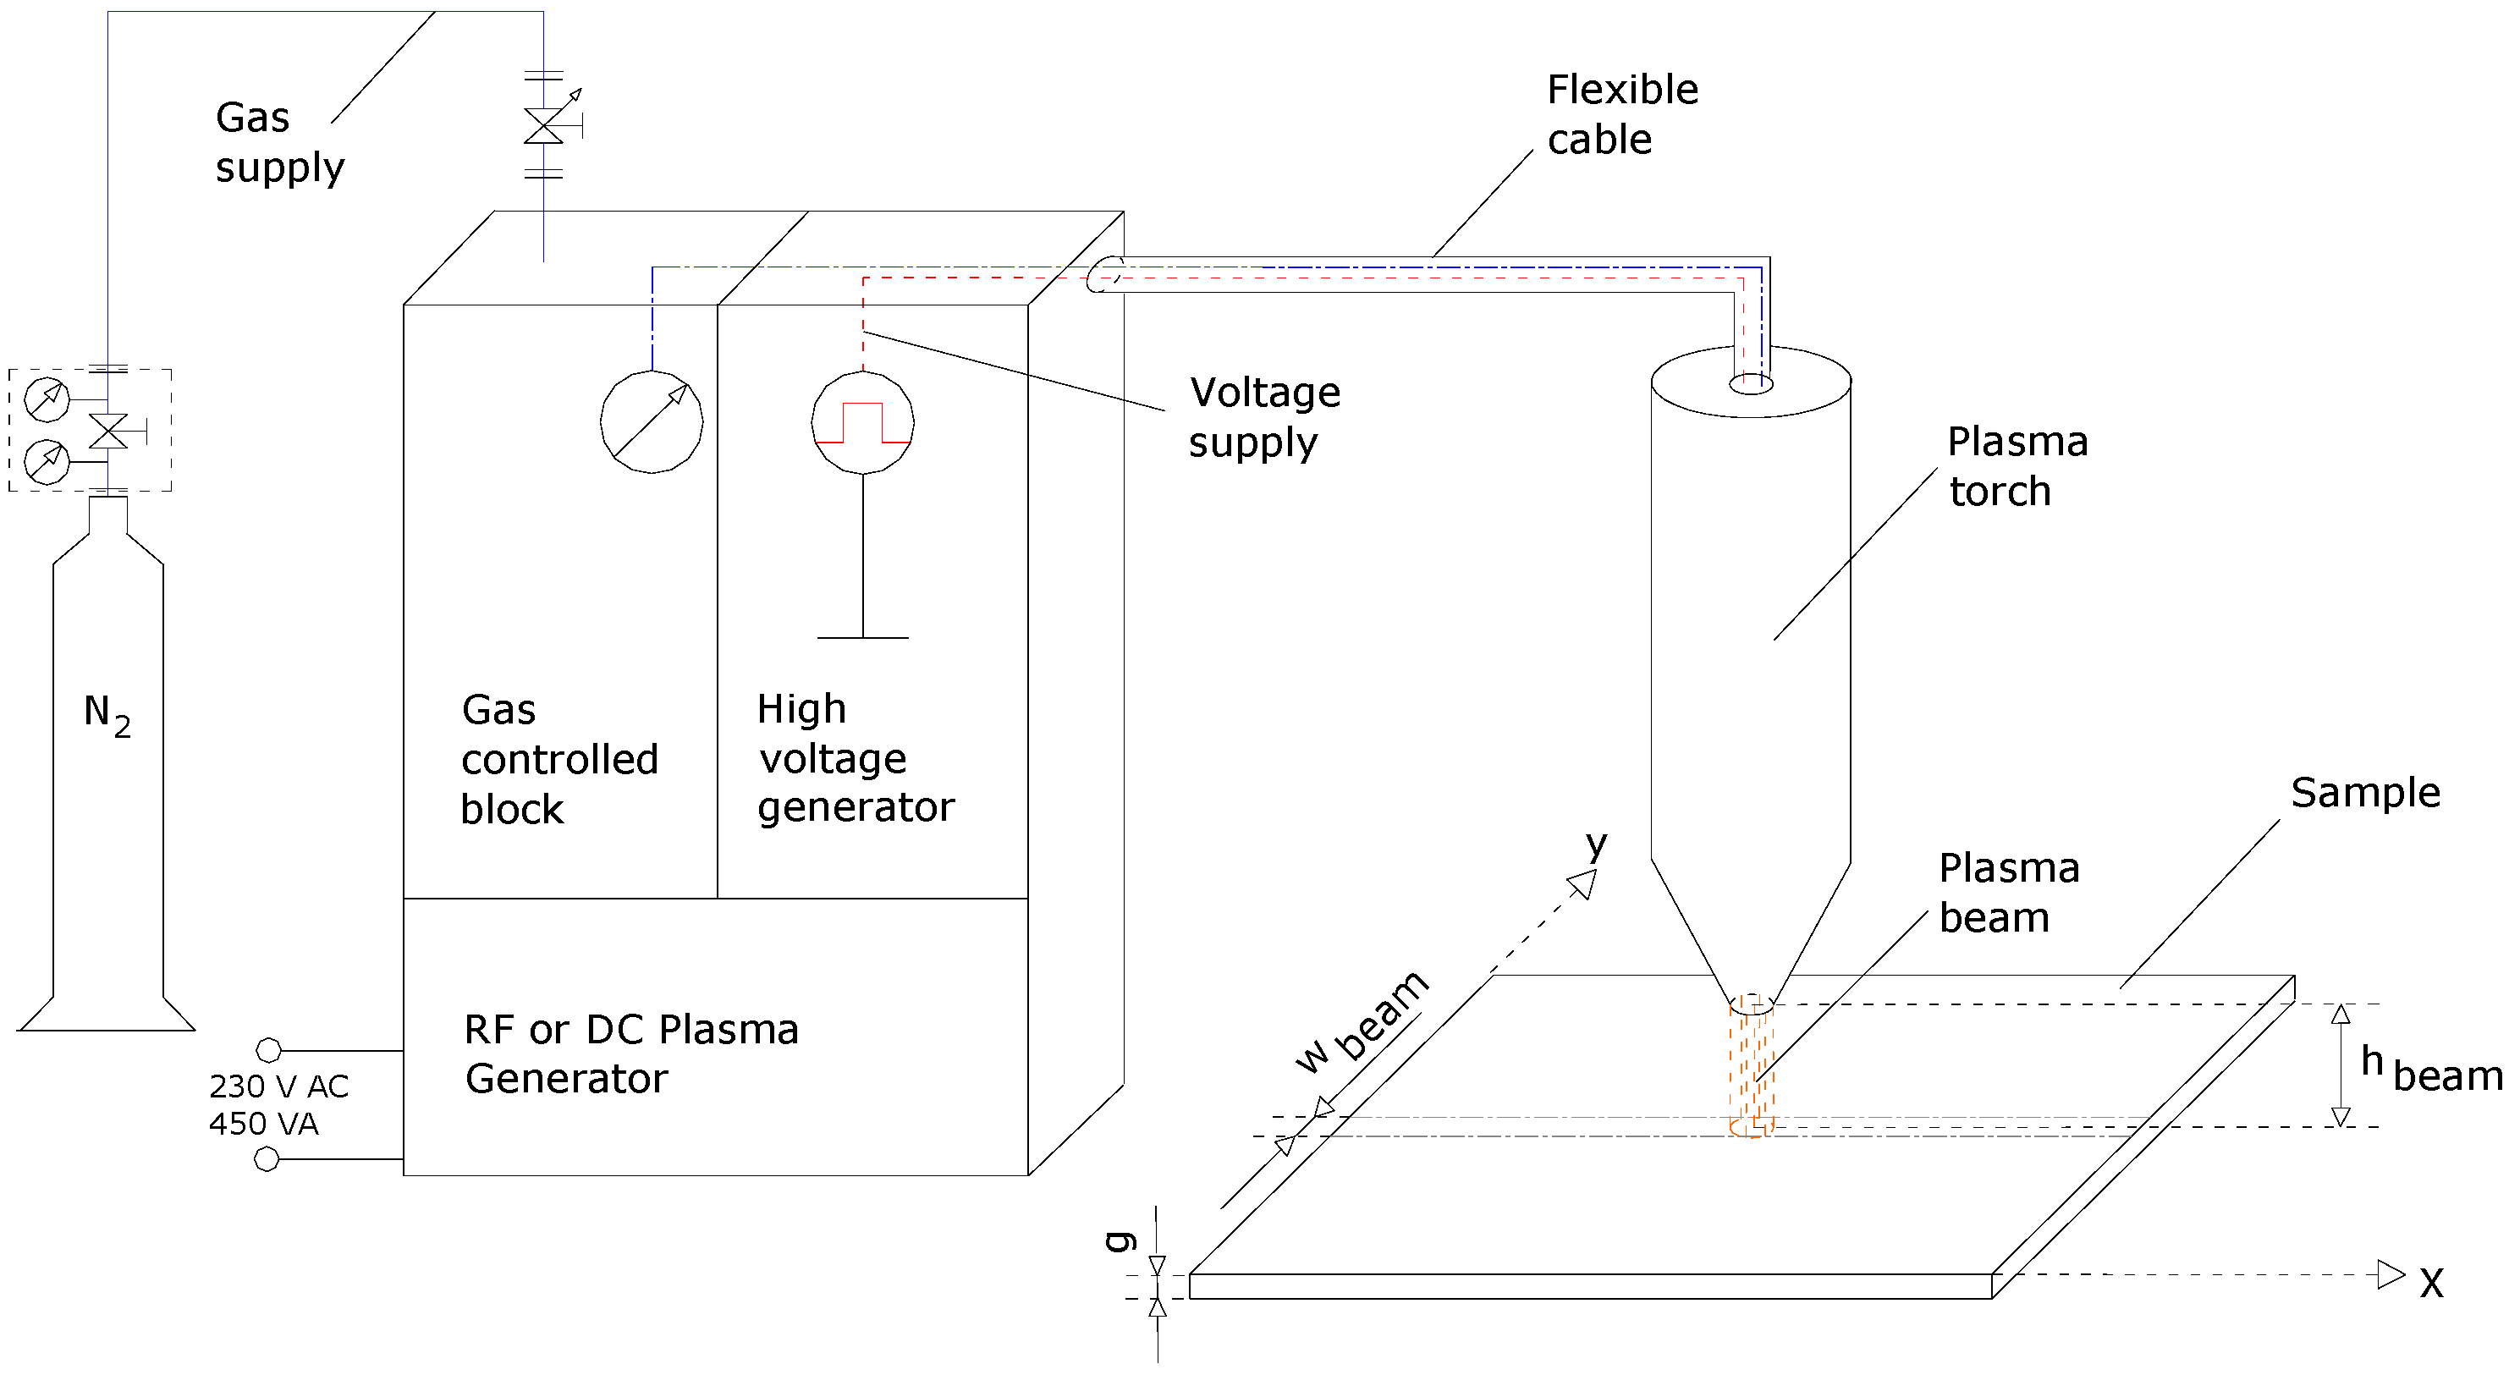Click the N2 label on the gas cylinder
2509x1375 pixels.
coord(106,715)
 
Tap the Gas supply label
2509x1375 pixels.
coord(278,142)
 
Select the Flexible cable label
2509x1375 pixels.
coord(1621,114)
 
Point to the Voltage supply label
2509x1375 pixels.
coord(1263,417)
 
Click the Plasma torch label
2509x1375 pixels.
coord(2017,466)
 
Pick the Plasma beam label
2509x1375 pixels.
coord(2008,892)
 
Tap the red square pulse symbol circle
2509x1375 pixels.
coord(862,422)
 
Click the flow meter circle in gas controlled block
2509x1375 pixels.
coord(651,421)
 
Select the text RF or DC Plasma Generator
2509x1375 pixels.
coord(630,1053)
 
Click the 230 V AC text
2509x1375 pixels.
coord(278,1086)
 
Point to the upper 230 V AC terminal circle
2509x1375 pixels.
coord(268,1050)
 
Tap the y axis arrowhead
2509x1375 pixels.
coord(1582,884)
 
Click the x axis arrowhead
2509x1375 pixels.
coord(2391,1273)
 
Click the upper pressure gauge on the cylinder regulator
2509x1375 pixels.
coord(46,399)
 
